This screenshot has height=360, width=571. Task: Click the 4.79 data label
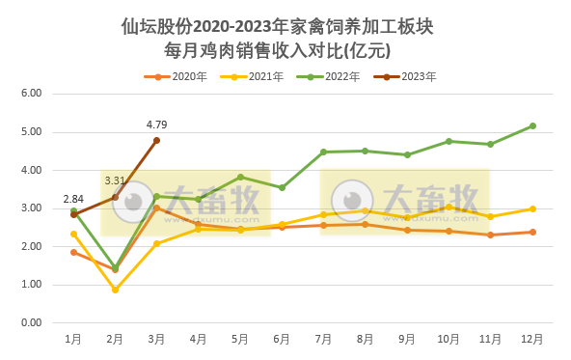pyautogui.click(x=156, y=125)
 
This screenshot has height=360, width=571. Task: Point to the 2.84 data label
pyautogui.click(x=72, y=198)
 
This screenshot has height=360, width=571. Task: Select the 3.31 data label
pyautogui.click(x=114, y=180)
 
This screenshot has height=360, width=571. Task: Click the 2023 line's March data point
pyautogui.click(x=156, y=140)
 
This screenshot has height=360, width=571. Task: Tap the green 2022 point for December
pyautogui.click(x=532, y=125)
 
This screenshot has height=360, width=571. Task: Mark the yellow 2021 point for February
pyautogui.click(x=115, y=290)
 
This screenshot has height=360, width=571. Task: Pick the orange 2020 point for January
pyautogui.click(x=73, y=252)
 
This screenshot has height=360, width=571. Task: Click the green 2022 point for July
pyautogui.click(x=323, y=152)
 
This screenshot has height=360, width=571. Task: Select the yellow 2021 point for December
pyautogui.click(x=532, y=208)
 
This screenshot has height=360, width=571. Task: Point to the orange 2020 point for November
pyautogui.click(x=490, y=235)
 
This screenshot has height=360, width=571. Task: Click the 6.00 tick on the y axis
pyautogui.click(x=32, y=94)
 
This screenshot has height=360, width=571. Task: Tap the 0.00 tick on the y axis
pyautogui.click(x=32, y=322)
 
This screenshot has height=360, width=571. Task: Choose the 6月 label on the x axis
pyautogui.click(x=282, y=339)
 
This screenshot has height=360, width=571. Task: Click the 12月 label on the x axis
pyautogui.click(x=532, y=339)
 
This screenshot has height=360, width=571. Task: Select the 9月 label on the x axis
pyautogui.click(x=407, y=339)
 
